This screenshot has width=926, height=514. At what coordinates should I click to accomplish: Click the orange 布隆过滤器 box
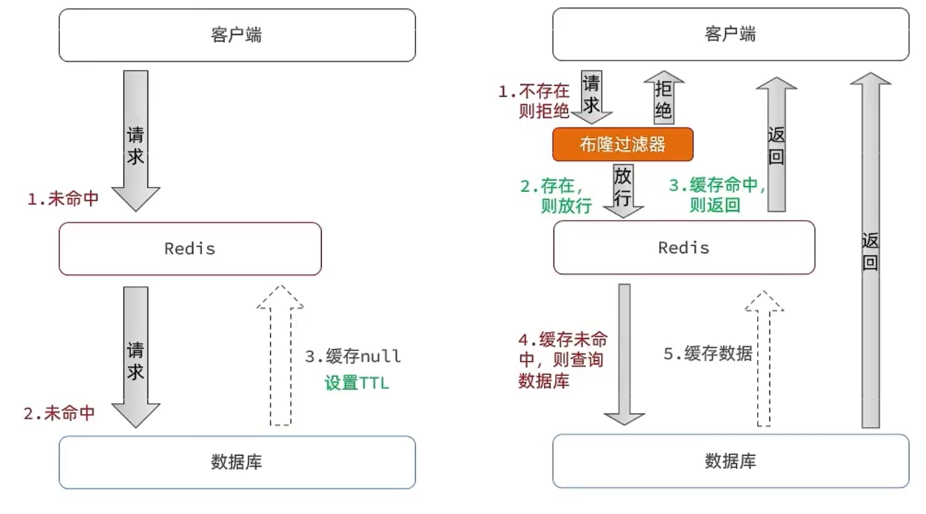tap(623, 144)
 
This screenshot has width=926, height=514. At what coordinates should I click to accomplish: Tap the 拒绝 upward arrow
tap(663, 98)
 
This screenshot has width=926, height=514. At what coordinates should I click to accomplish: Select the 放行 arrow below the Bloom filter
tap(623, 190)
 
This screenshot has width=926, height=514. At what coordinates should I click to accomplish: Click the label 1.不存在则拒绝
tap(534, 101)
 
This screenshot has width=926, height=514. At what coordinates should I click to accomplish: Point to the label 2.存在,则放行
tap(556, 197)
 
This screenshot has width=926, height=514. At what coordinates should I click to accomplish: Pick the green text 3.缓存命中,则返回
tap(717, 195)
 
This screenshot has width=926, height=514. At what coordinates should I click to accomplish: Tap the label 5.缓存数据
tap(707, 353)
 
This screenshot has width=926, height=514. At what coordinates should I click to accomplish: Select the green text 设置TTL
tap(356, 383)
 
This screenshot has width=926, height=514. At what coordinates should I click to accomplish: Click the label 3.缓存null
tap(353, 356)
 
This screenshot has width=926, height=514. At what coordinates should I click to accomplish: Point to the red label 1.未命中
tap(63, 199)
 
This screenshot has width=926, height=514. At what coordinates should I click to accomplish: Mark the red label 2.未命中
tap(60, 413)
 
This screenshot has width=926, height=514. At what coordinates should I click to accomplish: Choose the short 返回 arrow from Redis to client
tap(777, 144)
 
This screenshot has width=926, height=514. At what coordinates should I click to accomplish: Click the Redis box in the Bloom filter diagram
tap(684, 247)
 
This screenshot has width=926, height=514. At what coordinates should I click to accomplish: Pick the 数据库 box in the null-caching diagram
tap(237, 462)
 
